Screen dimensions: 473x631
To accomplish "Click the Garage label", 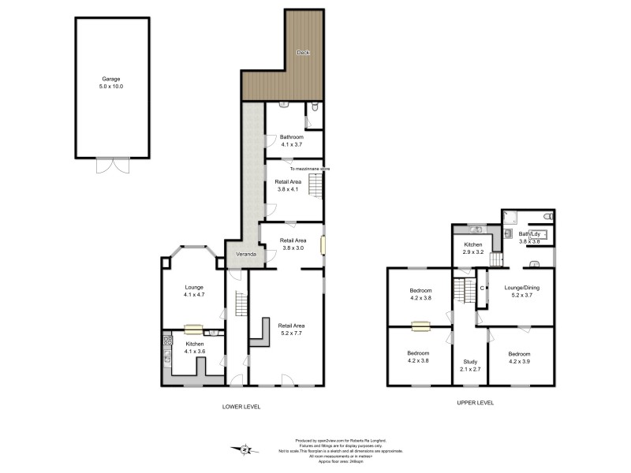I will point(112,82).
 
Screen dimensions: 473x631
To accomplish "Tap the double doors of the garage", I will point(112,166).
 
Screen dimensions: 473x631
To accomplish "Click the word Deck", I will point(302,53).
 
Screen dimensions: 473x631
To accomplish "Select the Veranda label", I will point(241,255).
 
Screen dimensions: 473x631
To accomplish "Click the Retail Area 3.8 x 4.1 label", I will point(288,185).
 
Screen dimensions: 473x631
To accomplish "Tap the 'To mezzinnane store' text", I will point(310,169).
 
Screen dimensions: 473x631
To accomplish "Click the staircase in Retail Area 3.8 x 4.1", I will point(315,186).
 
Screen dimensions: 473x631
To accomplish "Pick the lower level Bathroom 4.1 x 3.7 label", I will point(292,140).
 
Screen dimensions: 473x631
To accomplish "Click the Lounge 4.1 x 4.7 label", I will point(194,290).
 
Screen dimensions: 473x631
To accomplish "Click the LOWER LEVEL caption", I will point(241,407).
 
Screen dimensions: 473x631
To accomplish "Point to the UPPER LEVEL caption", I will point(476,402).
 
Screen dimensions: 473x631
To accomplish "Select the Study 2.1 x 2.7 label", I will point(469,365).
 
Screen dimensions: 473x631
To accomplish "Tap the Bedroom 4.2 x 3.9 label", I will point(520,357).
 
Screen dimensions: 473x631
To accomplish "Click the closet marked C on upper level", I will point(483,288).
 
